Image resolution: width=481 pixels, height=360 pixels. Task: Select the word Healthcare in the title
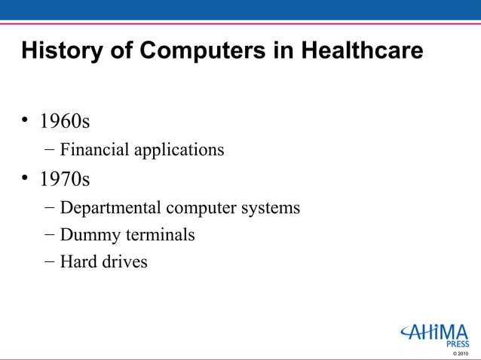362,51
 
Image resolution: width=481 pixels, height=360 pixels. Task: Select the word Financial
94,150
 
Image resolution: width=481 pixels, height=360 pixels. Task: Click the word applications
179,150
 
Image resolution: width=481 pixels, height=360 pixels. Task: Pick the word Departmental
111,207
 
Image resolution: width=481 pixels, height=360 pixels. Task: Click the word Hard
77,262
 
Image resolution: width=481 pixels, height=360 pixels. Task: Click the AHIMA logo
434,331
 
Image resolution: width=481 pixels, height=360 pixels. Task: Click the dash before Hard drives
49,262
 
